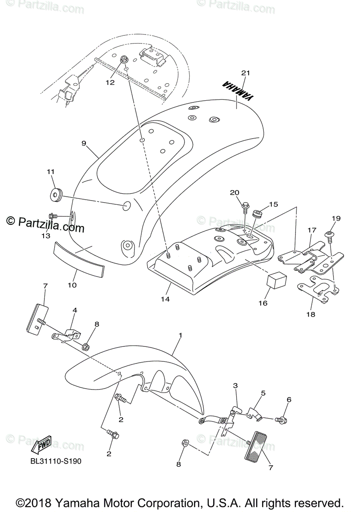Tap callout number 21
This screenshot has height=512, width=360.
tap(245, 73)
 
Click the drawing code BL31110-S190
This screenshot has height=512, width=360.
tap(56, 461)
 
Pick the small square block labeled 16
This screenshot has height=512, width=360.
tap(276, 280)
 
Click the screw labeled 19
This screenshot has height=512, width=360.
tap(330, 234)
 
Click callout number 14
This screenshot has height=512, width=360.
tap(165, 299)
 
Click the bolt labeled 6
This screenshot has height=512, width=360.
tap(281, 420)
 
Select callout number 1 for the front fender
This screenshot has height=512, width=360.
tap(180, 336)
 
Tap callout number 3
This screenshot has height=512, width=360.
tap(235, 386)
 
